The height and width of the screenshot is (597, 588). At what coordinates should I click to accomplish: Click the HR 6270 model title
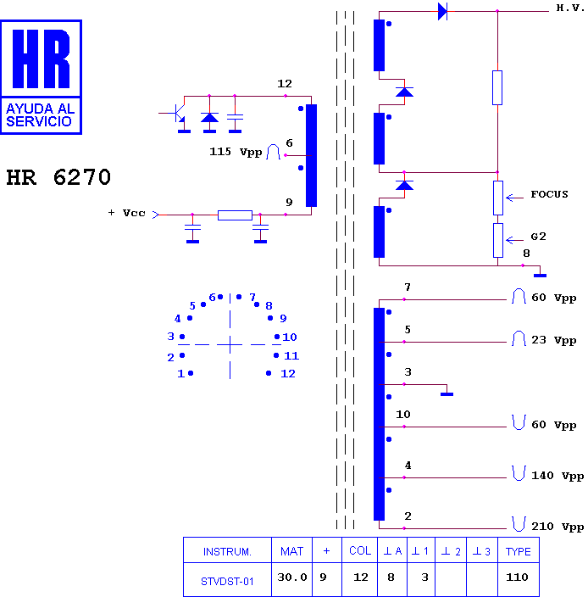click(x=58, y=177)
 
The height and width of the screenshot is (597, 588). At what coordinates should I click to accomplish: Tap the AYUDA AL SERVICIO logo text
click(x=41, y=115)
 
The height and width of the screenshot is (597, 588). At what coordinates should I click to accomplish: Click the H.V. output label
click(x=570, y=8)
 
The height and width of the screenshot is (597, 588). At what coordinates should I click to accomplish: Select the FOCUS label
click(x=549, y=194)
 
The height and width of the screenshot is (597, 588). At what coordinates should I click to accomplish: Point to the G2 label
click(x=538, y=237)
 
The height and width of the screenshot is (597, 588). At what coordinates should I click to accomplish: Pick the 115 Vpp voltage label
click(x=236, y=152)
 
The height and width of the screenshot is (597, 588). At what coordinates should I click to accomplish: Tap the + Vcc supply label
click(x=126, y=213)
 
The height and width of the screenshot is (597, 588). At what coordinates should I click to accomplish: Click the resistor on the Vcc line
click(x=235, y=215)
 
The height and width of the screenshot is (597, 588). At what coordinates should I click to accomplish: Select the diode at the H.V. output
click(x=442, y=11)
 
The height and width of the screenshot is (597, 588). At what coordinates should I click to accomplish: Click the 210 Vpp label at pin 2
click(x=557, y=527)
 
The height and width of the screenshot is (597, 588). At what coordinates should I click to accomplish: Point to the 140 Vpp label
click(x=557, y=476)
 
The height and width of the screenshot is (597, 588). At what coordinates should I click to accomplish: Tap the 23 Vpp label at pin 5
click(x=554, y=340)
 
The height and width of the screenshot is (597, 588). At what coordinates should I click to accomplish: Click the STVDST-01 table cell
click(x=227, y=582)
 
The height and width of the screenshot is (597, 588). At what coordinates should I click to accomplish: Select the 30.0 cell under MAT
click(x=291, y=577)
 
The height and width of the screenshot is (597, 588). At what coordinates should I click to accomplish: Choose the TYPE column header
click(x=518, y=551)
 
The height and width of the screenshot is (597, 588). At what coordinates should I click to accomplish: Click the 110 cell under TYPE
click(x=517, y=577)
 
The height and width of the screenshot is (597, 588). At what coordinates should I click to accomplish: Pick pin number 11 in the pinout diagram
click(x=291, y=355)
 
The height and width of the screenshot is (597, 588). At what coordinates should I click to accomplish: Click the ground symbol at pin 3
click(x=447, y=394)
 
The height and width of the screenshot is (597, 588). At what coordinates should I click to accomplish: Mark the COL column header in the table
click(x=360, y=550)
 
